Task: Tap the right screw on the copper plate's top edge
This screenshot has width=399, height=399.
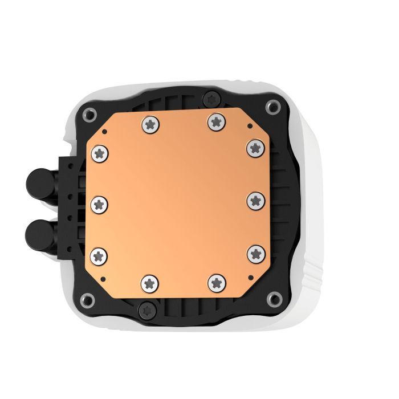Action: [215, 120]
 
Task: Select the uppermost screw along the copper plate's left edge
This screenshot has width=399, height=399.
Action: [100, 152]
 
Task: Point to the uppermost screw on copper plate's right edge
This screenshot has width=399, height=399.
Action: [254, 148]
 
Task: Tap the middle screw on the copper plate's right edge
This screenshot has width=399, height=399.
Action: [255, 200]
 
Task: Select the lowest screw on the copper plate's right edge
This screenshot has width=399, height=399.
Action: [255, 253]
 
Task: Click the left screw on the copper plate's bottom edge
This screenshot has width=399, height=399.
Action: [149, 281]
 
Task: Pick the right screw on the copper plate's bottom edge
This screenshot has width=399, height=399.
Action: [216, 281]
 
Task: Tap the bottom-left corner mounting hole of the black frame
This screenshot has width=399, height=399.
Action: [87, 298]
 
